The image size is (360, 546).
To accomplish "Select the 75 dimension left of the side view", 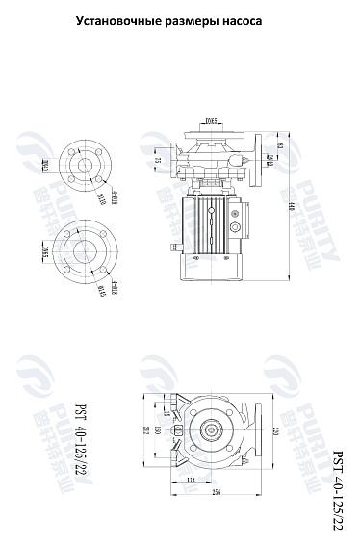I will click(158, 161).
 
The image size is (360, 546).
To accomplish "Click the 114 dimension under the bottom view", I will click(191, 480).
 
